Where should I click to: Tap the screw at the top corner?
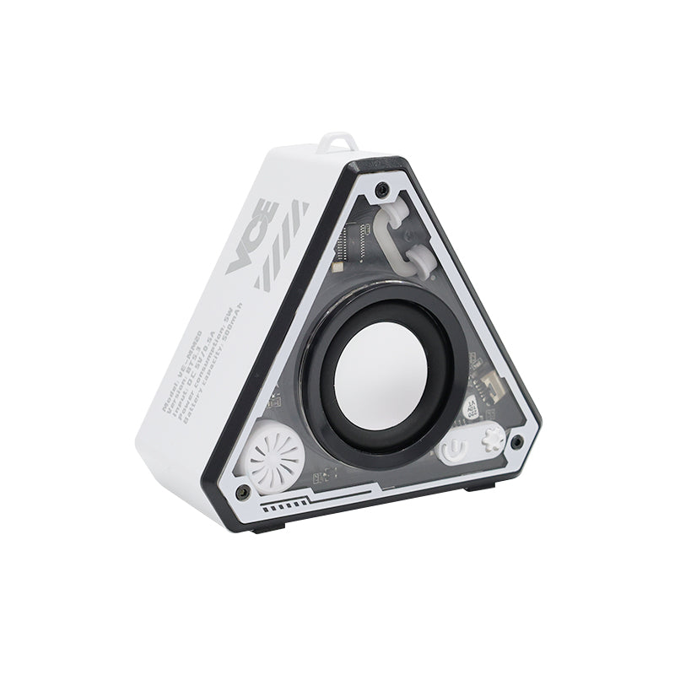point(382,186)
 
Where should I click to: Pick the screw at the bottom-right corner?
point(516,440)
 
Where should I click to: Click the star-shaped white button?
point(491,439)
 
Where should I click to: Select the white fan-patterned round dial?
point(275,457)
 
